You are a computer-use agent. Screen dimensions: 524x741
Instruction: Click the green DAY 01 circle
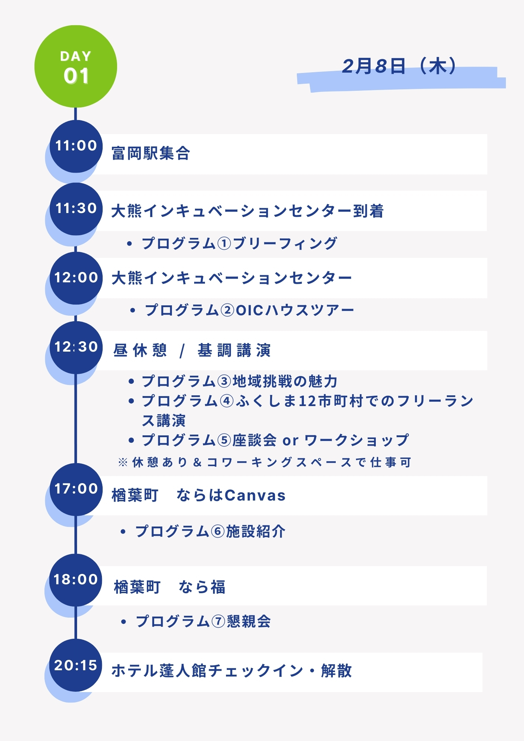(x=76, y=66)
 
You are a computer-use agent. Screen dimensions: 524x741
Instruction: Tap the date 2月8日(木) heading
(x=399, y=67)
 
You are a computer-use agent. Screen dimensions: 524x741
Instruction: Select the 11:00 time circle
(x=76, y=146)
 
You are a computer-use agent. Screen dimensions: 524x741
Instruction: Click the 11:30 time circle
(x=76, y=209)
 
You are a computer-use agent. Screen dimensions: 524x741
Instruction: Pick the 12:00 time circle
(x=76, y=278)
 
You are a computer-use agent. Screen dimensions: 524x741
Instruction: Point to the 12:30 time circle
(x=76, y=347)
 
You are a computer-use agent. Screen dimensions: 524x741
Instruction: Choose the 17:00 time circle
(x=76, y=489)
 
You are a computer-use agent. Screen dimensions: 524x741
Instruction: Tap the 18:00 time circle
(x=76, y=580)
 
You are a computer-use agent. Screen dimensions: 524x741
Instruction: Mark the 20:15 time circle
(x=76, y=665)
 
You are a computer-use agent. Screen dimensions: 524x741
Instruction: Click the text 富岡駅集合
(x=151, y=153)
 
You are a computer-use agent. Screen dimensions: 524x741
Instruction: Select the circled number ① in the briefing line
(x=224, y=244)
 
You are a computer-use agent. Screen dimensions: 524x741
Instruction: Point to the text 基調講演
(x=234, y=350)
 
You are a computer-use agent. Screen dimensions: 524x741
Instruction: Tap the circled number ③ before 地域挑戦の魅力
(x=224, y=381)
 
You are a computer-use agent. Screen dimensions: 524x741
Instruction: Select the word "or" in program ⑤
(x=290, y=441)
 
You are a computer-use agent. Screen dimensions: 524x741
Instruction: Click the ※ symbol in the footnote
(x=123, y=462)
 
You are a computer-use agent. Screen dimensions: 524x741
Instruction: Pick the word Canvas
(x=255, y=495)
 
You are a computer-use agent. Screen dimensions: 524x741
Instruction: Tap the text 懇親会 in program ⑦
(x=249, y=621)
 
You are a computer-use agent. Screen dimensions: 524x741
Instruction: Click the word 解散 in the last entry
(x=336, y=671)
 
